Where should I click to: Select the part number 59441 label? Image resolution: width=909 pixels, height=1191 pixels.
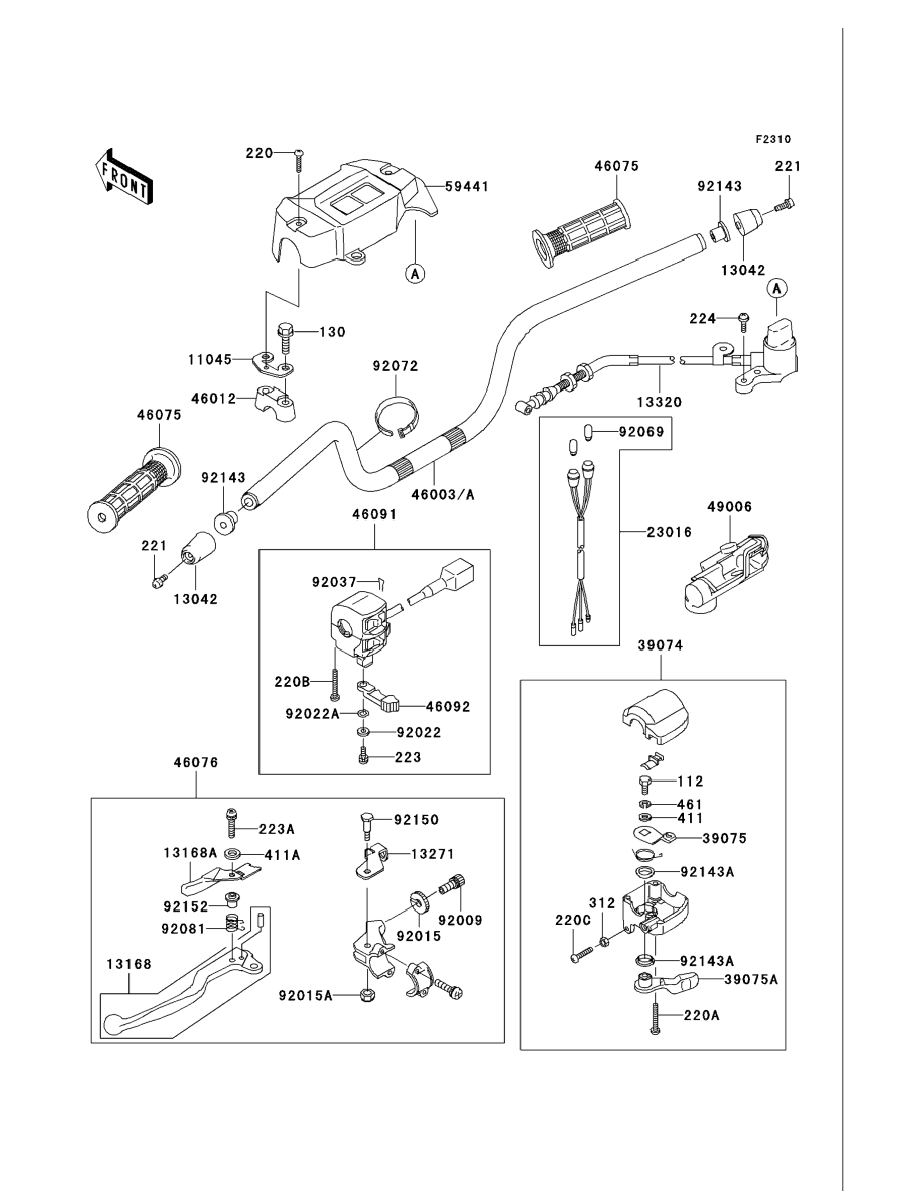click(x=467, y=187)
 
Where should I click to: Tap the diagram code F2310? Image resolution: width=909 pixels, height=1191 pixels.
click(x=773, y=140)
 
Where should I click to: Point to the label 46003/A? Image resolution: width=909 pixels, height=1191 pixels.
click(x=442, y=494)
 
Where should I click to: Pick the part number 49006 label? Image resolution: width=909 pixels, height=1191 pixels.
click(x=729, y=507)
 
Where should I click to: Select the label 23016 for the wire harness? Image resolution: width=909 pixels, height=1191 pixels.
click(x=669, y=532)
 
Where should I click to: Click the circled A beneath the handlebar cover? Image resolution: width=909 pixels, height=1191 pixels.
click(x=415, y=274)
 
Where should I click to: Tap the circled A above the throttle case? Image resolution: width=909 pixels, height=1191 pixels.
click(x=777, y=289)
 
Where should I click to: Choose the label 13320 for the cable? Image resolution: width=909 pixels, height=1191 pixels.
click(x=659, y=402)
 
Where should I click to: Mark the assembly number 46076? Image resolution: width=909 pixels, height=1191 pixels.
click(x=196, y=763)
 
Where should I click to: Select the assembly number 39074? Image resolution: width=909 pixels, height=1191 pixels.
click(x=660, y=645)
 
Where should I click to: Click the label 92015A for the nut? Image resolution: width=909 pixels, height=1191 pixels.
click(x=305, y=995)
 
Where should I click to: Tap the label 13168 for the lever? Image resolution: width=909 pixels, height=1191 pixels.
click(x=129, y=964)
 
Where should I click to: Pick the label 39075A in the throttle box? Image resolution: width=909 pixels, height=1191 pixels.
click(x=750, y=979)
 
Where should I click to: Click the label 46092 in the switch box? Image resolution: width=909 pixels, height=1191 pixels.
click(x=448, y=706)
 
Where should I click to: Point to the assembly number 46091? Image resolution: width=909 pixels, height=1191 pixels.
click(x=374, y=514)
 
